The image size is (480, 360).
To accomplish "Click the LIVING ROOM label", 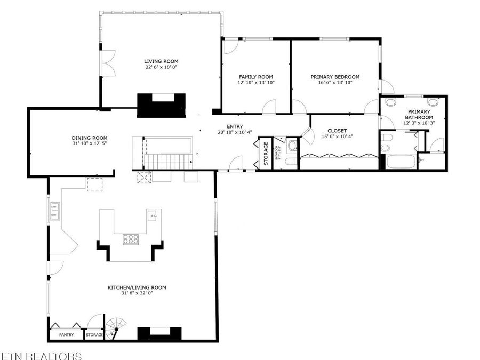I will tap(161, 61).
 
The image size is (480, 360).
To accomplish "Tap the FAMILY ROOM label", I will tap(255, 77).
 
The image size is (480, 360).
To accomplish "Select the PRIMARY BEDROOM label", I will tap(335, 77).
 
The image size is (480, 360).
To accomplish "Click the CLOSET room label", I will tap(337, 131).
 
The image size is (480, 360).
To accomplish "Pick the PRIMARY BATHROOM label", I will tap(419, 114).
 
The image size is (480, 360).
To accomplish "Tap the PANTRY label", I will tap(66, 335).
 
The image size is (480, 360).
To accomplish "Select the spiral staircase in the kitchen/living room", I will tap(115, 327).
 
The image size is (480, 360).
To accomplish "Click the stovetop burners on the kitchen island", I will tap(130, 239).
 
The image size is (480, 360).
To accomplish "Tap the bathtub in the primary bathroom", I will tap(401, 162).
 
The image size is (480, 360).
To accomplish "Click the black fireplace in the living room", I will tap(161, 105).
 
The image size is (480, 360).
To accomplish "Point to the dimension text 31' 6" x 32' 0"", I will tap(137, 294).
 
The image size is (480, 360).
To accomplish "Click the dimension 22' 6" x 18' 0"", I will tap(161, 68).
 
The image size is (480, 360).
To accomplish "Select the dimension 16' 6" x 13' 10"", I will tap(335, 83).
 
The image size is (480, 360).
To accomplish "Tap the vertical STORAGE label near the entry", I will tap(265, 154).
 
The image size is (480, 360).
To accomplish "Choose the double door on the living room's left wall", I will tap(108, 63).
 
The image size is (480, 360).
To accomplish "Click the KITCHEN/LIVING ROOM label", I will tap(137, 287).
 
